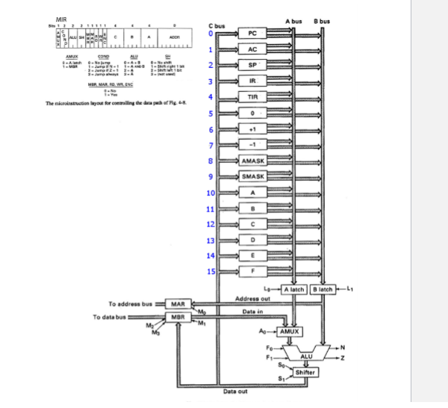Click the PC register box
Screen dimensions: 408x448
(252, 34)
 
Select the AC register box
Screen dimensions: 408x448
(252, 49)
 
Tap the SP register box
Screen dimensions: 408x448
(252, 65)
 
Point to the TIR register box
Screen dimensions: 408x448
(252, 97)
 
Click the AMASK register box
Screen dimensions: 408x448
(252, 161)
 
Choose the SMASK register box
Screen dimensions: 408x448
(252, 176)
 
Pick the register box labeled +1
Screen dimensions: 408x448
(252, 129)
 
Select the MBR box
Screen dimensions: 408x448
(178, 317)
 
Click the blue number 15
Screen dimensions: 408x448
(211, 271)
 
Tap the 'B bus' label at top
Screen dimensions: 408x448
(322, 20)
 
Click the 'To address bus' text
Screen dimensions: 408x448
(130, 304)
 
